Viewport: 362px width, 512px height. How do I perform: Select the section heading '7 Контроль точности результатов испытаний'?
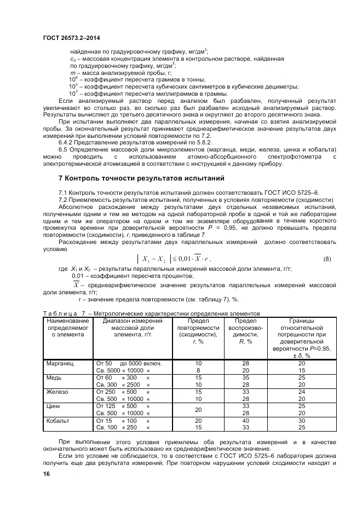141,178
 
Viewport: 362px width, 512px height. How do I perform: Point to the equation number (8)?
327,258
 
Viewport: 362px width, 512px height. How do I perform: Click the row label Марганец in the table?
60,363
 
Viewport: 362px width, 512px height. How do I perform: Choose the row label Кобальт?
58,420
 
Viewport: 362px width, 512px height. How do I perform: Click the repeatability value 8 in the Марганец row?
198,370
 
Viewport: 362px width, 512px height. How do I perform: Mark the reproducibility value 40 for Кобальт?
246,420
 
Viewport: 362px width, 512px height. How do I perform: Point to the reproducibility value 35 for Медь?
246,377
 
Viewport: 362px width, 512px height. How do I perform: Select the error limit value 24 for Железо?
301,392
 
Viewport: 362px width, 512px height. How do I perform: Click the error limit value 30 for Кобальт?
301,420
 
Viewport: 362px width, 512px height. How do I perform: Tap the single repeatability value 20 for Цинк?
198,409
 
